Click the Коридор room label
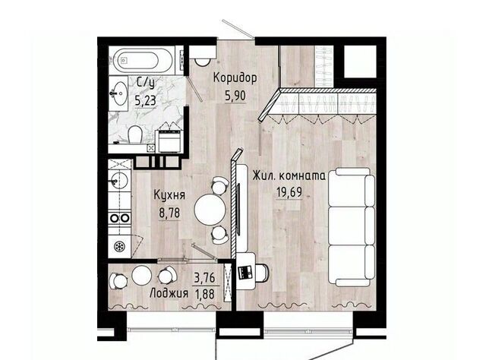[235, 78]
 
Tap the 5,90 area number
[235, 96]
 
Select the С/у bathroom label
[145, 83]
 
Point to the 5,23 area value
[145, 100]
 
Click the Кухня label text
[169, 195]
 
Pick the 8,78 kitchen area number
[169, 213]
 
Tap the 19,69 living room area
[289, 192]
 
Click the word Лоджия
[169, 293]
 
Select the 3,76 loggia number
[204, 278]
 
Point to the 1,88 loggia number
[204, 294]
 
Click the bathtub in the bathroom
[143, 61]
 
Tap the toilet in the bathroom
[135, 134]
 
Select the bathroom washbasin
[118, 93]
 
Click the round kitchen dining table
[210, 210]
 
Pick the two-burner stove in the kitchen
[120, 218]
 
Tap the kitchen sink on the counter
[118, 180]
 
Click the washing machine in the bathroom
[169, 141]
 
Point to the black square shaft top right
[360, 61]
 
